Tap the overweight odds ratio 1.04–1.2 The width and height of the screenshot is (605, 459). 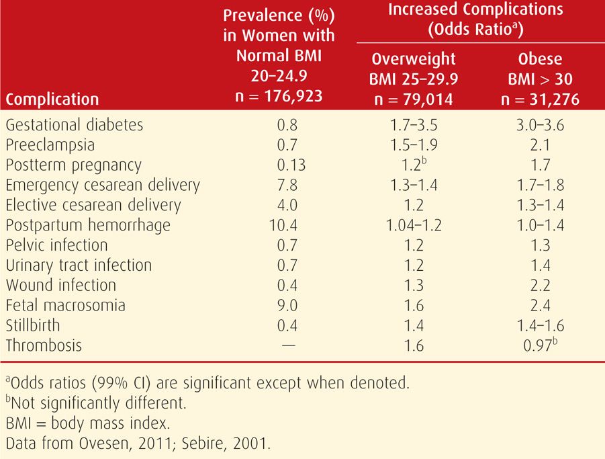(414, 226)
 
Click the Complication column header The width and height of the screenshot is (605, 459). (52, 99)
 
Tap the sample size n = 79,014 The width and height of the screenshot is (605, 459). (414, 99)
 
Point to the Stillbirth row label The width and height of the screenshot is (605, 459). (33, 325)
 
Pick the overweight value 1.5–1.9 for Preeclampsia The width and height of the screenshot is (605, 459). (414, 145)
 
